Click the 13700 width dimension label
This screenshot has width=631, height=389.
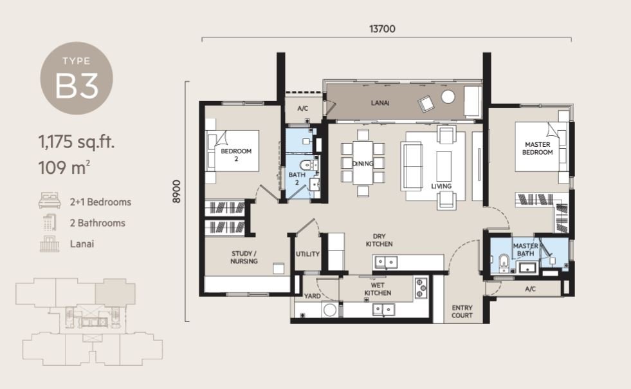[382, 28]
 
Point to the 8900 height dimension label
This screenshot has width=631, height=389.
[176, 191]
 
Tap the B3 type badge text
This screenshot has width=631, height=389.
[77, 86]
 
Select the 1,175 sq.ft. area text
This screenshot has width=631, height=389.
[77, 142]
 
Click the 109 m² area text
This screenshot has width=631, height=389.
[64, 167]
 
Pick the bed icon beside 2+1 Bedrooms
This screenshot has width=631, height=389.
[50, 201]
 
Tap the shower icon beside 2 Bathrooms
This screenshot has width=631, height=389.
[50, 222]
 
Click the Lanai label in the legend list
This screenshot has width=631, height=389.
[82, 244]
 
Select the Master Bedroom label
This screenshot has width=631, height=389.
[537, 148]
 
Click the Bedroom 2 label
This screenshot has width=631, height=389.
[236, 155]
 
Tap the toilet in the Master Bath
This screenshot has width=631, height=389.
[504, 262]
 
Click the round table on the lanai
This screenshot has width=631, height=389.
[448, 97]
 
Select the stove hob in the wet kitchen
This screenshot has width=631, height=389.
[421, 288]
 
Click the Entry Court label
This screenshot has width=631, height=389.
[462, 312]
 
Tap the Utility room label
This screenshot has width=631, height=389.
[308, 254]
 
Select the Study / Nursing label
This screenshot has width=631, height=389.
[244, 257]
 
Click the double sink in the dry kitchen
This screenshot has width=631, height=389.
[386, 262]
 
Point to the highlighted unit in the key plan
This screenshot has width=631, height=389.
[115, 292]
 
